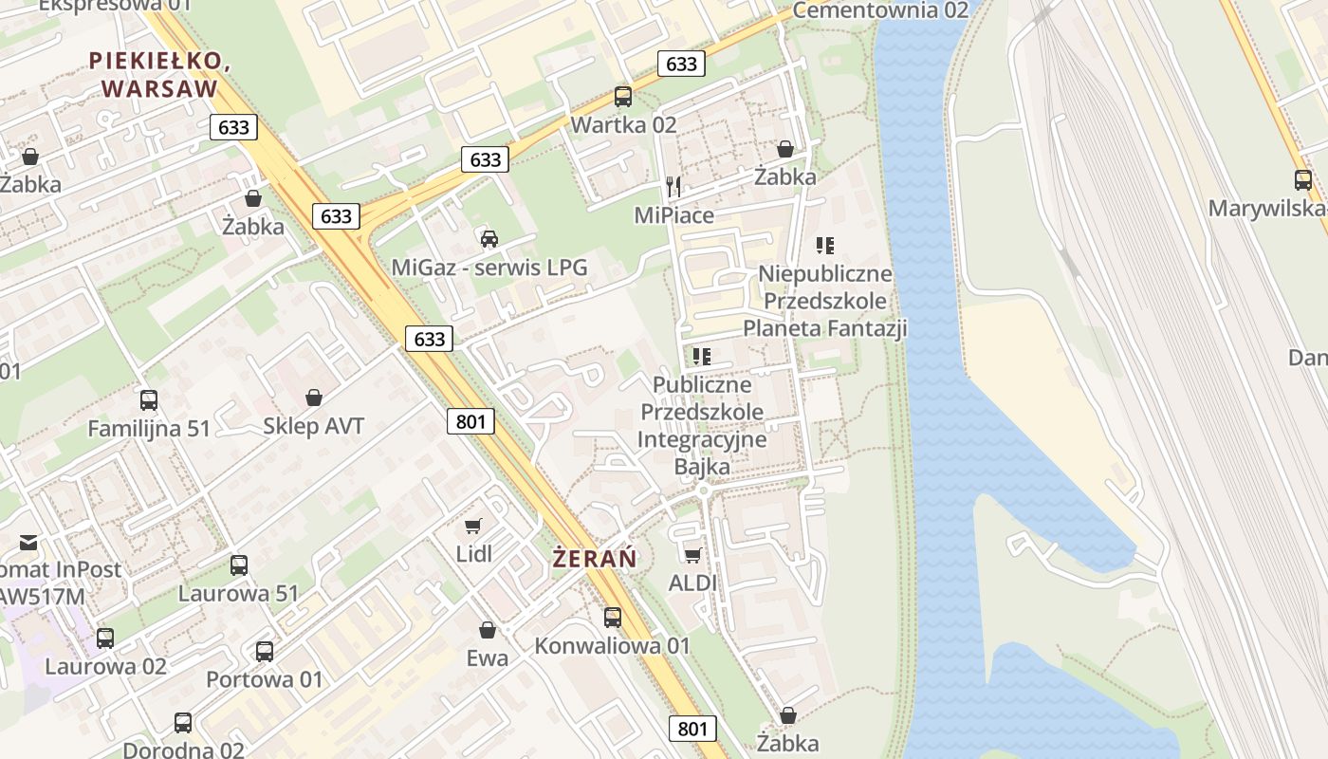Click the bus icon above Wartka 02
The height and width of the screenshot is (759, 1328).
(x=623, y=96)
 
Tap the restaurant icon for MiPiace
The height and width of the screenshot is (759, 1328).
(x=673, y=186)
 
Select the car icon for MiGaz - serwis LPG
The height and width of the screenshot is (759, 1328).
(x=489, y=238)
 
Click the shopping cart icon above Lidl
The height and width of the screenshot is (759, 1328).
(x=473, y=526)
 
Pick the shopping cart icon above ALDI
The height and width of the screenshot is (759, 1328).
(x=693, y=554)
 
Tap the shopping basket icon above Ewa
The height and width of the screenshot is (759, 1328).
(x=488, y=629)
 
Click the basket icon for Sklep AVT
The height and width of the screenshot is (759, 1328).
(x=314, y=398)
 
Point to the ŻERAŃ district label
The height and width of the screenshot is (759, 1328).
(x=595, y=559)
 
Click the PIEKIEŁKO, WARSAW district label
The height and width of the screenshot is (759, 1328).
(x=159, y=75)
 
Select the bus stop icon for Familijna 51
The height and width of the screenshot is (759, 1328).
(x=149, y=400)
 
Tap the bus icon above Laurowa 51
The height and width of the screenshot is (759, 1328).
(x=239, y=565)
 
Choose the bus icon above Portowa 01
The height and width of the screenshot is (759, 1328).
(x=265, y=652)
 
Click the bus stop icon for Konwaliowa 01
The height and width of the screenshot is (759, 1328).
(x=613, y=618)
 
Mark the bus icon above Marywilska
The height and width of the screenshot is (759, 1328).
(x=1303, y=180)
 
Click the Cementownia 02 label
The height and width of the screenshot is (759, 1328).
(x=880, y=10)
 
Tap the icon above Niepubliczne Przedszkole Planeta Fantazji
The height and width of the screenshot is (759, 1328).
(x=825, y=246)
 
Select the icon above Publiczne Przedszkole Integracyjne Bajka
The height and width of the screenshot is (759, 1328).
(x=702, y=357)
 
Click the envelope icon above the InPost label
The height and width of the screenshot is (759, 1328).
(x=28, y=543)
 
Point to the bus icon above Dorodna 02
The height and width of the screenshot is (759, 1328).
(x=183, y=723)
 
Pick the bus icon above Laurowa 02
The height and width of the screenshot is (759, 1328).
(x=105, y=639)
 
